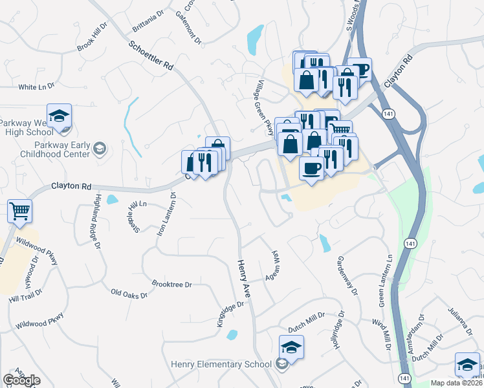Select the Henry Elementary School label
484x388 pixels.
[x=221, y=364]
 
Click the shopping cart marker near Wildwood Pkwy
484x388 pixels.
[x=20, y=211]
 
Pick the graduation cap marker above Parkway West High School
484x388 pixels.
[x=59, y=116]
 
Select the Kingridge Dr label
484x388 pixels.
[x=230, y=312]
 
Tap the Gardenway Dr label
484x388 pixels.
[x=347, y=275]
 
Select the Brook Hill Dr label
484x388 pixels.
[x=92, y=39]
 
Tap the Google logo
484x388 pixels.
[x=21, y=380]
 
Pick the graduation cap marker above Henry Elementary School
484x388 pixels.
[x=291, y=347]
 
